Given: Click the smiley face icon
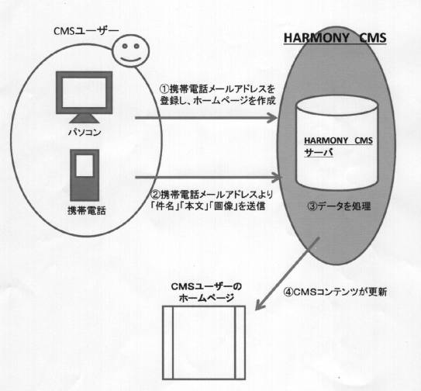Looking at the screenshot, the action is point(130,50).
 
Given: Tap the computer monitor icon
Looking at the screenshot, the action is point(84,97).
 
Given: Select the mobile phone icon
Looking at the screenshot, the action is point(85,175).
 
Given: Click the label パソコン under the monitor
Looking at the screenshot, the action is point(85,133).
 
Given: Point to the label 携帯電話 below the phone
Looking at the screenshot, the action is point(87,211).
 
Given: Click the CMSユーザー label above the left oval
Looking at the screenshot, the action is point(86,31).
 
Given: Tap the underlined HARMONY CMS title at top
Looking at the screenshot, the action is point(335,38).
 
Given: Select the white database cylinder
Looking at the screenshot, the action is point(336,143).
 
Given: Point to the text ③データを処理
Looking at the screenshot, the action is point(339,206).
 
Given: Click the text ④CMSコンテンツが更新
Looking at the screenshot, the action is point(335,292).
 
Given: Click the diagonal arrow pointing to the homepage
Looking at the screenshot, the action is point(288,273).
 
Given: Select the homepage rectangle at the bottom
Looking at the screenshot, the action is point(204,343).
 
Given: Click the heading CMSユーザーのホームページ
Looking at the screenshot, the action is point(206,292).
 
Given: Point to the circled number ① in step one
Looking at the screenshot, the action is point(165,88).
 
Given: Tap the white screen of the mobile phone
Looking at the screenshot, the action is point(85,166).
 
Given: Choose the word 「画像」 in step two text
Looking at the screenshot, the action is point(223,206).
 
